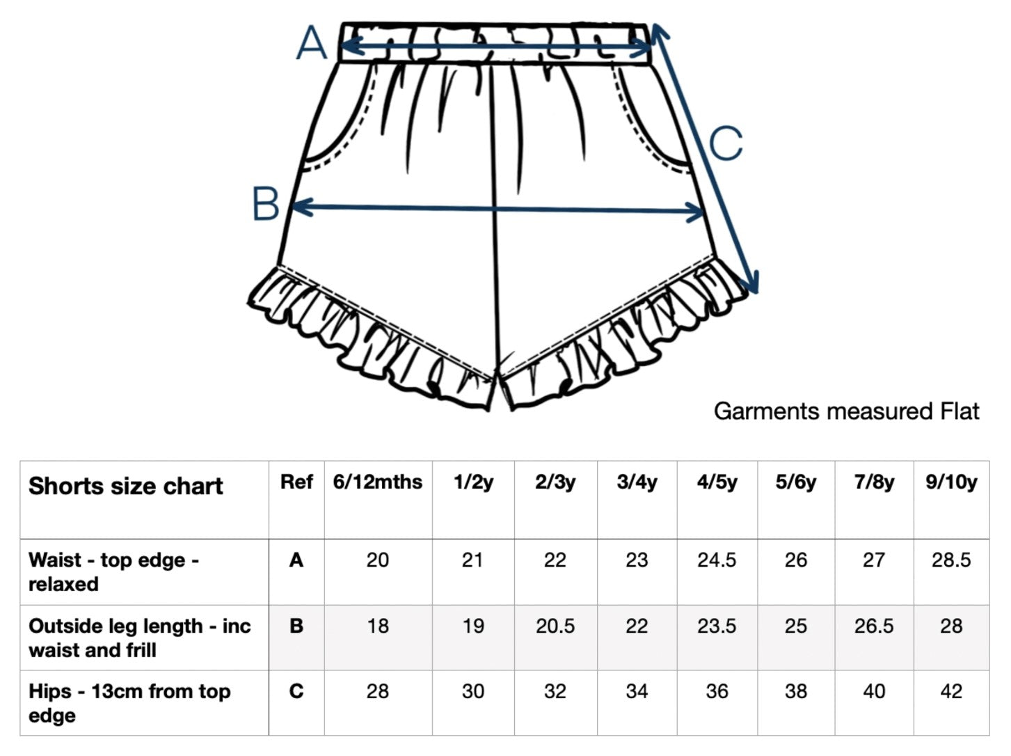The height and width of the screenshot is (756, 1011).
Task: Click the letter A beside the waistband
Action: click(311, 44)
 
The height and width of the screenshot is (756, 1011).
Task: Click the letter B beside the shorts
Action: click(266, 205)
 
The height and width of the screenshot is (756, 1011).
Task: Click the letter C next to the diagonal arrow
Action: click(726, 143)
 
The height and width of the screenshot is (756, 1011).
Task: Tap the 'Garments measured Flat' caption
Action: click(846, 411)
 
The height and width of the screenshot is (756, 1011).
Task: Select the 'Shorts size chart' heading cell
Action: click(125, 486)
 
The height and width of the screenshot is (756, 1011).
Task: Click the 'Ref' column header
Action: click(296, 482)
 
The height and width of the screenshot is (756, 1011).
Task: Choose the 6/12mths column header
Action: click(377, 482)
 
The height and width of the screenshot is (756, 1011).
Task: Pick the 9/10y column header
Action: click(950, 482)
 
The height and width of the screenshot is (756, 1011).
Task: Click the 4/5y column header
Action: click(717, 482)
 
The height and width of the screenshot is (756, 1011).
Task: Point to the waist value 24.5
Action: click(717, 560)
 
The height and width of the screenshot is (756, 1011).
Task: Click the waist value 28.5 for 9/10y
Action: click(950, 560)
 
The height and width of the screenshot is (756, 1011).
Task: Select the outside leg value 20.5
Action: click(555, 626)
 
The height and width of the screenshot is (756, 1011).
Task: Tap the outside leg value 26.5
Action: click(873, 626)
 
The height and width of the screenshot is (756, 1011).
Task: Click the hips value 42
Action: click(950, 691)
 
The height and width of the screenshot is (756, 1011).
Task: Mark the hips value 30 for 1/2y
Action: click(472, 691)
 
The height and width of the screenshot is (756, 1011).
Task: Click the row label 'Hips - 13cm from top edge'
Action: click(129, 703)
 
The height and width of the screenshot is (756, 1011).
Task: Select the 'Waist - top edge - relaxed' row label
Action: click(113, 572)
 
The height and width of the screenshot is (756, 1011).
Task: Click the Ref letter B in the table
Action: click(296, 626)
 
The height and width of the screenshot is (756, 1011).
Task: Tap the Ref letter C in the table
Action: click(296, 691)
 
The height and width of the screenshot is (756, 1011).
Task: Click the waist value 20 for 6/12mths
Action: click(377, 560)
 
